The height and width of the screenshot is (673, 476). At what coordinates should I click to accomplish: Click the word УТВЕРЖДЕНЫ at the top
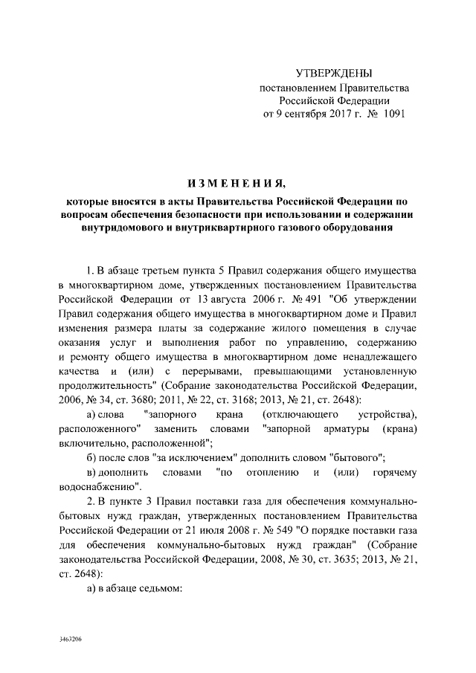[x=334, y=73]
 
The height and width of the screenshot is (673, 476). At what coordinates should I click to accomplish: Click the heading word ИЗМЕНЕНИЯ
[x=235, y=184]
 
